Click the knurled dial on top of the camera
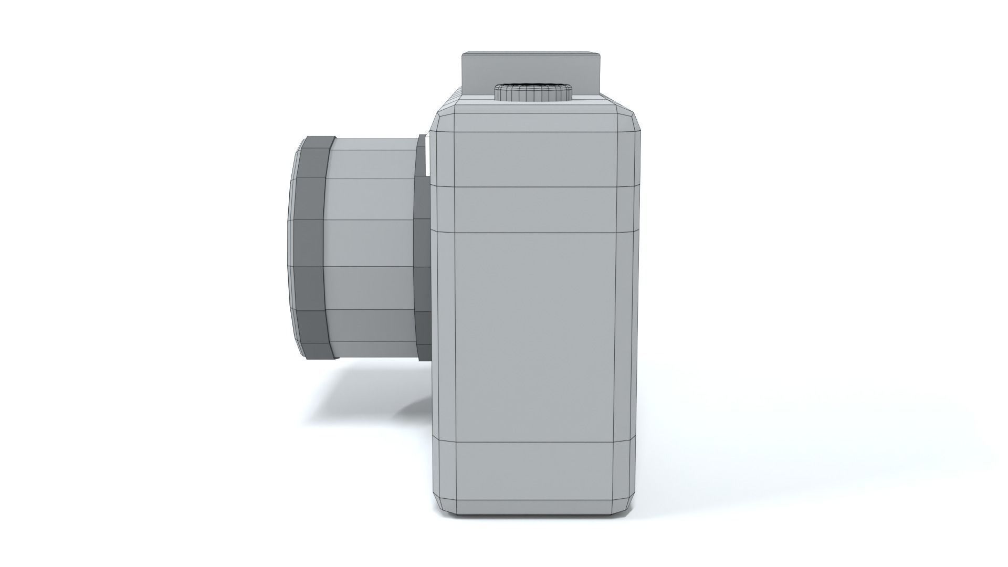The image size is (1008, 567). [x=533, y=93]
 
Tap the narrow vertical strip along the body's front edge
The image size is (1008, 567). [x=444, y=336]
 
